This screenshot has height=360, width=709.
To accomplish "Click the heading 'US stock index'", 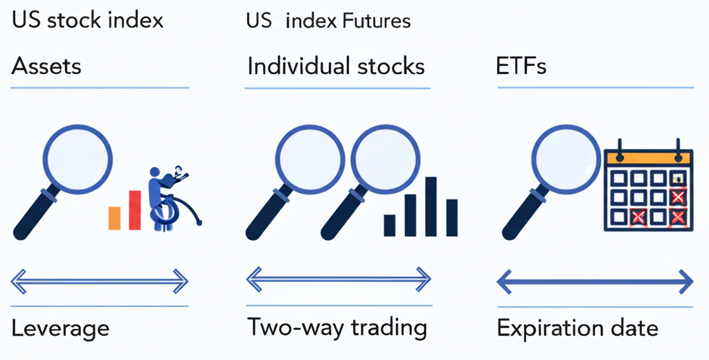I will point(88,20).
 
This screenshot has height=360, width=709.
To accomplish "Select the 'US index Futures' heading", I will point(328,21).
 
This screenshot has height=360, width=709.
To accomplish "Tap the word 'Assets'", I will point(46,66).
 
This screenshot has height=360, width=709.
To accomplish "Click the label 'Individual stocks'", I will point(336,66).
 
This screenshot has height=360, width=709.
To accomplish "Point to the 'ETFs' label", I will point(521,66).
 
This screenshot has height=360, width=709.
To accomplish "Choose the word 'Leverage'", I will point(60,327).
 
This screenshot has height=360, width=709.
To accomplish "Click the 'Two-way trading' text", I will point(337,327).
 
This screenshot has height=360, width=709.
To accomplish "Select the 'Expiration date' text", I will point(577,327).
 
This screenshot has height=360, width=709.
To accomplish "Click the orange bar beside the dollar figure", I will point(115,217).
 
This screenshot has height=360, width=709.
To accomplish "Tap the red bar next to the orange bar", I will point(135,210).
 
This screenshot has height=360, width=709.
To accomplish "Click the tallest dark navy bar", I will point(431,206).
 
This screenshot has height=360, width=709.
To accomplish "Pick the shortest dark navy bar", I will point(390,225).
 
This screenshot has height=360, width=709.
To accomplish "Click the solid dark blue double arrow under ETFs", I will point(595,282).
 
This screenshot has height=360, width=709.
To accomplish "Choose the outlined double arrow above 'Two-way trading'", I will point(338,280).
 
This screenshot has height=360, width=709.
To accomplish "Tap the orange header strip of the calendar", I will point(647,157).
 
